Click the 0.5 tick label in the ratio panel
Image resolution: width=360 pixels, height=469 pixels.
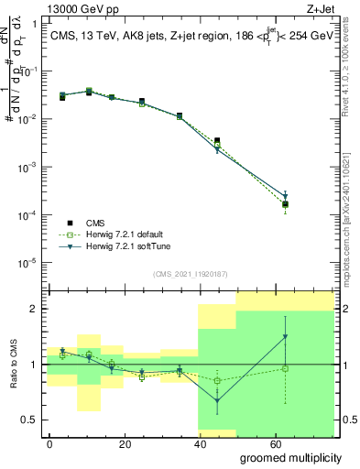pos(30,420)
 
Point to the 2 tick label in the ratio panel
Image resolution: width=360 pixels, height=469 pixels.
pos(34,309)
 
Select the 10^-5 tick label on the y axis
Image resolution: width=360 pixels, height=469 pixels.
pos(27,263)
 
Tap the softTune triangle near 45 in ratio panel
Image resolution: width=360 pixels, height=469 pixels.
pos(217,400)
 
